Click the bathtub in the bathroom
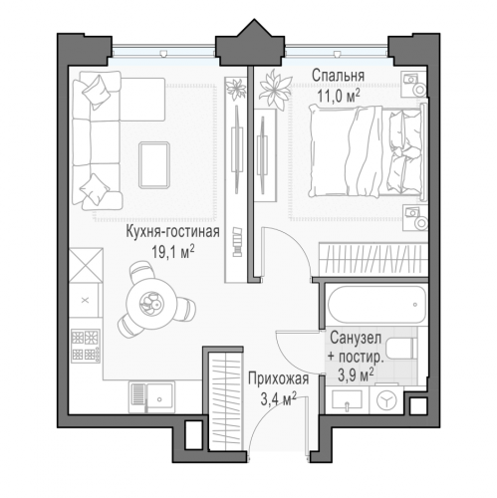pyautogui.click(x=370, y=300)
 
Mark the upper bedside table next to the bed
pyautogui.click(x=410, y=83)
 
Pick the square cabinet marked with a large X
pyautogui.click(x=86, y=263)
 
